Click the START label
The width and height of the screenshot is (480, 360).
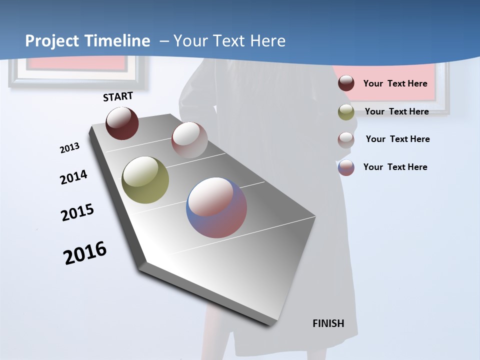[x=118, y=96]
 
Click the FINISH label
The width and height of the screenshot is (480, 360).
[x=328, y=323]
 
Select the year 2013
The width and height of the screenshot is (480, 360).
[x=69, y=148]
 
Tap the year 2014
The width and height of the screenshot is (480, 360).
[x=73, y=177]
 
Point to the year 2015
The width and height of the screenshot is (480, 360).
[x=77, y=212]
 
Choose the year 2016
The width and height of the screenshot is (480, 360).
[x=85, y=252]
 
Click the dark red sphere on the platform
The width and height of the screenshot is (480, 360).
[x=122, y=123]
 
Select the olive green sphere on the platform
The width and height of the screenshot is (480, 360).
[x=145, y=180]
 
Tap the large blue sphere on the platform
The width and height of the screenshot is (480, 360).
[x=216, y=207]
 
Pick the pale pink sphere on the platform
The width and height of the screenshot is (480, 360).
[x=189, y=139]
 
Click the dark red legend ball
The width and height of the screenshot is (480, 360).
[x=346, y=83]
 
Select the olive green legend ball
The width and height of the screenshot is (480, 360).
[x=346, y=112]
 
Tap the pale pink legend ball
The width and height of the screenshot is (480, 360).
[x=346, y=139]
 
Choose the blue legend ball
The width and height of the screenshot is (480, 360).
[x=346, y=167]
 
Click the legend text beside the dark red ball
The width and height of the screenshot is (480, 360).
[x=395, y=83]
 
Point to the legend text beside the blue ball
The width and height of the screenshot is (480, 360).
[x=395, y=167]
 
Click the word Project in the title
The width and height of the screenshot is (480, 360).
[x=51, y=41]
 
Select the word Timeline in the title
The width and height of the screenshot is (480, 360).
[x=118, y=41]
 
